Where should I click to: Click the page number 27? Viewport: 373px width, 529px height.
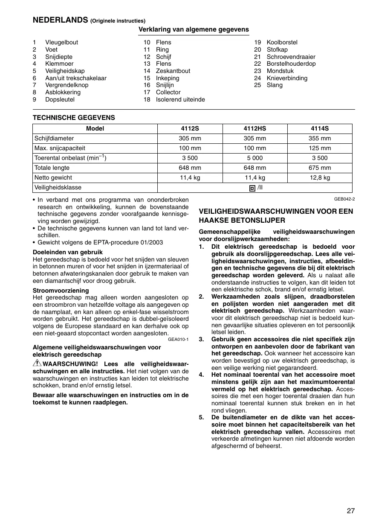tap(350, 511)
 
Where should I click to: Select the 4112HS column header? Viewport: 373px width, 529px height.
tap(255, 128)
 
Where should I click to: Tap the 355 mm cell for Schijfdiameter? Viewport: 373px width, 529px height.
tap(320, 138)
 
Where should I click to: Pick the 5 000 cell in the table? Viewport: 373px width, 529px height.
tap(255, 158)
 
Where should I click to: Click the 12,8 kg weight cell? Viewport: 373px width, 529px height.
tap(320, 177)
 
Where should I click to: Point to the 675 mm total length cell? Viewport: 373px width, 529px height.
tap(320, 168)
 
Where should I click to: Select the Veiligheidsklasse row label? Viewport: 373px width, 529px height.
tap(58, 187)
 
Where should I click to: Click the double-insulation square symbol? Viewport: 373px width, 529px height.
tap(252, 188)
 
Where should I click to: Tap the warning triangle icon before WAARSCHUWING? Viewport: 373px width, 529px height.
tap(37, 363)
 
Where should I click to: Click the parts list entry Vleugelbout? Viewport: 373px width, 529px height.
tap(61, 42)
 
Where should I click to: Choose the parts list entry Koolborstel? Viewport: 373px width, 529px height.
tap(282, 42)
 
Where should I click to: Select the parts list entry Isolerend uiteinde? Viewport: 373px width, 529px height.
tap(180, 99)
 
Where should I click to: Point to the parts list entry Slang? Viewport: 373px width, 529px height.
tap(275, 85)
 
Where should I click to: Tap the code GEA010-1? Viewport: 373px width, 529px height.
tap(178, 340)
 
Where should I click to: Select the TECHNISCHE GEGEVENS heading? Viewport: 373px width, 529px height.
tap(74, 117)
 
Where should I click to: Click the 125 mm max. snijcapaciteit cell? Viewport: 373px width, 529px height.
tap(320, 148)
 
